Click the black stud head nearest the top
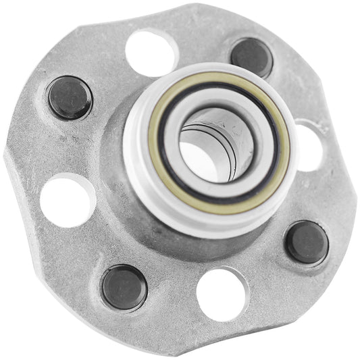click(x=251, y=57)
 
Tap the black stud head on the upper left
click(x=70, y=97)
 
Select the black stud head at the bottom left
click(x=124, y=287)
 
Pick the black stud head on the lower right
click(x=307, y=242)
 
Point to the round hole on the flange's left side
click(x=67, y=201)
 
